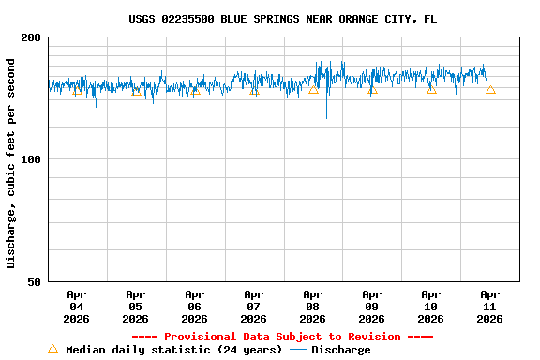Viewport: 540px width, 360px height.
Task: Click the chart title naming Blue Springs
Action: [x=282, y=19]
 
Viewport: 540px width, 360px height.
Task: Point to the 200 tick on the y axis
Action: [x=32, y=37]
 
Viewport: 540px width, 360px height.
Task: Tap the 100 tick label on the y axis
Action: [x=32, y=159]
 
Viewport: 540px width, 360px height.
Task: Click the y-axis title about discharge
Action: [x=11, y=163]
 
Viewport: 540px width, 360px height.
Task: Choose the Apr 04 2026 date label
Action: [x=77, y=307]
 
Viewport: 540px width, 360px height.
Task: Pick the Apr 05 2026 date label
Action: [x=136, y=307]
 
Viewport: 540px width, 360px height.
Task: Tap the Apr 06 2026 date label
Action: [x=195, y=307]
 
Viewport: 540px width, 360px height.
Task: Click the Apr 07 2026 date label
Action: [x=254, y=307]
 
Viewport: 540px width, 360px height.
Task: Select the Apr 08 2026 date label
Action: [x=313, y=307]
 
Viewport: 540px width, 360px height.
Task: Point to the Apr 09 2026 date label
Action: [x=372, y=307]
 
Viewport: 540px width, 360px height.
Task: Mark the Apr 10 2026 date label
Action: [x=431, y=307]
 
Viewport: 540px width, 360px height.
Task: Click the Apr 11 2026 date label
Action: [x=490, y=307]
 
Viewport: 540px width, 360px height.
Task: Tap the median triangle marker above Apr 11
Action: [x=490, y=90]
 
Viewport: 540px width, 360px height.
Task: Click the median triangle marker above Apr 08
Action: [x=313, y=90]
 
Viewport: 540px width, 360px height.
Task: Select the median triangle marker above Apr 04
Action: [x=77, y=91]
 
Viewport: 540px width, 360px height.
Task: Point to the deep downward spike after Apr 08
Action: [x=326, y=116]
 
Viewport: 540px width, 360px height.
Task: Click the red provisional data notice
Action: [x=282, y=337]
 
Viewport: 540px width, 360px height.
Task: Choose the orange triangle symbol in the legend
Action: [x=52, y=349]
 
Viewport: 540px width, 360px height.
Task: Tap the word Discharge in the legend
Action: [x=340, y=350]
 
